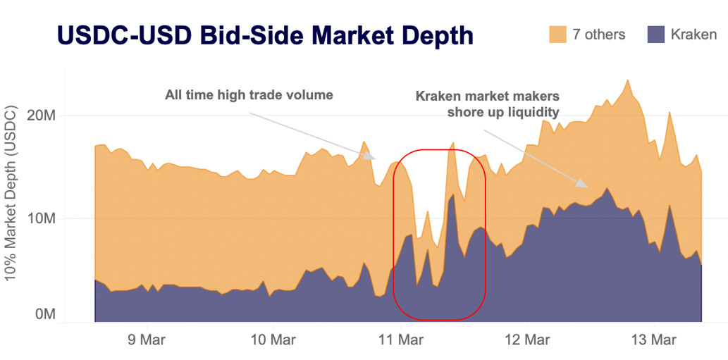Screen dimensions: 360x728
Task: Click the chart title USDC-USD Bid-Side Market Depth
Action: tap(264, 35)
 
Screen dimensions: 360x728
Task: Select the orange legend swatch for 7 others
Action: tap(557, 35)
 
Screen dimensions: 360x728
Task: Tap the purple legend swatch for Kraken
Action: tap(655, 35)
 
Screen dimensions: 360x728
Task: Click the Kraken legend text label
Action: tap(693, 35)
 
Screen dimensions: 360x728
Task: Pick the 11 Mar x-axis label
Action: tap(400, 340)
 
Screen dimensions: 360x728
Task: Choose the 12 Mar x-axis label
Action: tap(529, 340)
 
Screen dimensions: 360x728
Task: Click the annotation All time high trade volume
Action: tap(249, 94)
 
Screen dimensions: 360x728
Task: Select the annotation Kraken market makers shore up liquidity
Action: tap(487, 104)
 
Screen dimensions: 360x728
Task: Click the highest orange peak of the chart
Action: tap(627, 80)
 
